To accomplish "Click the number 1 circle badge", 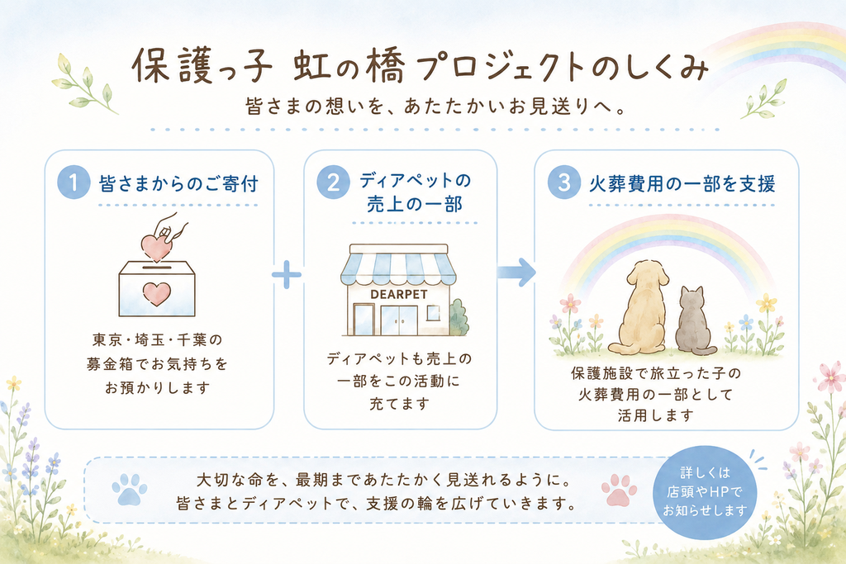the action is [x=74, y=182].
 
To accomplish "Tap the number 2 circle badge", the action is [x=333, y=182].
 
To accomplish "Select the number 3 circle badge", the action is [x=563, y=182].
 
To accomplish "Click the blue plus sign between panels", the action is [x=287, y=274].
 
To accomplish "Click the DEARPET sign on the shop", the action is [x=399, y=295].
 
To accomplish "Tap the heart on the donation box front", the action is [x=156, y=295].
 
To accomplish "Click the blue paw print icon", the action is [x=130, y=489].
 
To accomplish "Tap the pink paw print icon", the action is [x=619, y=490].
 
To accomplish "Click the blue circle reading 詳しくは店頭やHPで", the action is [x=704, y=492].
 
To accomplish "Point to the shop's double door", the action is [x=399, y=320].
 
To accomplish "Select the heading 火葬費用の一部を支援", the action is [x=682, y=184].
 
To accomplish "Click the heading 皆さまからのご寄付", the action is [x=178, y=184].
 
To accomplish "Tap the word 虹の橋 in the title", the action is [x=349, y=66].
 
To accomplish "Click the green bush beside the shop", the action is [x=459, y=318].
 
